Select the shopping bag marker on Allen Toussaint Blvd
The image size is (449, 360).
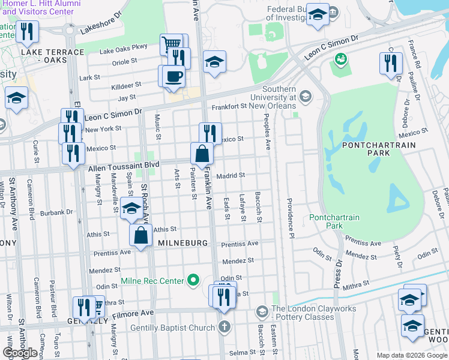pyautogui.click(x=202, y=154)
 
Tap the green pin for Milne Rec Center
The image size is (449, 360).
pyautogui.click(x=193, y=280)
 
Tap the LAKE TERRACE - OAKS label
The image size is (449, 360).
pyautogui.click(x=52, y=56)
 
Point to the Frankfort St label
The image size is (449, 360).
pyautogui.click(x=230, y=106)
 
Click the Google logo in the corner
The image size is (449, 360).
pyautogui.click(x=20, y=353)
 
